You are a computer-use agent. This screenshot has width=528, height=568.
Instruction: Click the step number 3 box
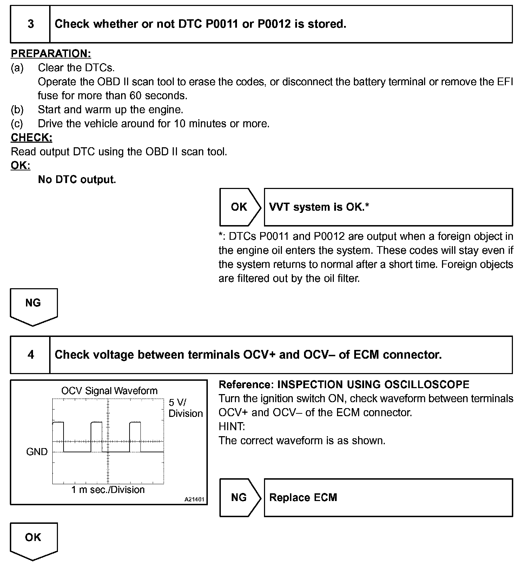[x=31, y=24]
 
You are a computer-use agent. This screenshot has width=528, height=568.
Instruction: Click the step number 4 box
[x=31, y=355]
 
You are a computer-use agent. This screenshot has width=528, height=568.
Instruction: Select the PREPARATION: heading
[x=51, y=54]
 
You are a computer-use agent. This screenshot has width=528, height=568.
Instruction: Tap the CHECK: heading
[x=32, y=137]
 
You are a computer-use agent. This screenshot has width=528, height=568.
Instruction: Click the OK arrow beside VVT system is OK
[x=240, y=207]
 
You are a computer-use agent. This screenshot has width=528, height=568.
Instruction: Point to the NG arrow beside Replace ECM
[x=240, y=498]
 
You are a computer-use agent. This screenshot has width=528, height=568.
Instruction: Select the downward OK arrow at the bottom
[x=33, y=540]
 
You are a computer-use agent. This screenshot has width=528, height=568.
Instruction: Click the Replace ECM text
[x=303, y=498]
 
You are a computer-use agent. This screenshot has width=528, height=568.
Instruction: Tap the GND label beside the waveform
[x=37, y=452]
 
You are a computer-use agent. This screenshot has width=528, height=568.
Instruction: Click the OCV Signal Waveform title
[x=109, y=391]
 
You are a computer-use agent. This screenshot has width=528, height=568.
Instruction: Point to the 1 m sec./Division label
[x=108, y=490]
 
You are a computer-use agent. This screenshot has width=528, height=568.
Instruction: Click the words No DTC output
[x=77, y=180]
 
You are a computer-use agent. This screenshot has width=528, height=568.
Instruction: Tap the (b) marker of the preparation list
[x=17, y=110]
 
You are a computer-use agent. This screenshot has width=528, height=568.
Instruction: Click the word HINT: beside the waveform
[x=232, y=427]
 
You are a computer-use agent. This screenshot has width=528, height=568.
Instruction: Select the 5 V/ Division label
[x=185, y=408]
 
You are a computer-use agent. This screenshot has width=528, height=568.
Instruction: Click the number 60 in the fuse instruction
[x=136, y=96]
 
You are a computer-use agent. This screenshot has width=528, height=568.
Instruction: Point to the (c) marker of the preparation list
[x=17, y=124]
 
